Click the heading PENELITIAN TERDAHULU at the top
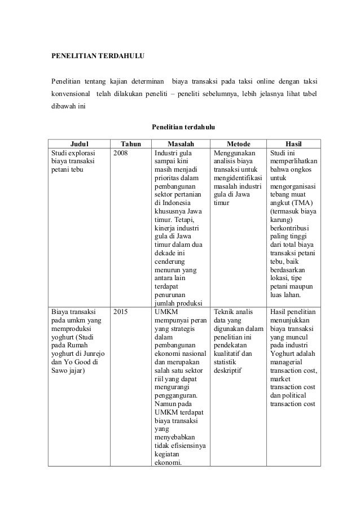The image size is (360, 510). click(x=99, y=56)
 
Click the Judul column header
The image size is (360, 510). click(x=80, y=143)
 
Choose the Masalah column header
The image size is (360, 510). click(x=181, y=143)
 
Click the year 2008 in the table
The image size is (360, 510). click(x=121, y=152)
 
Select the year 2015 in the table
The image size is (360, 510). click(x=121, y=311)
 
